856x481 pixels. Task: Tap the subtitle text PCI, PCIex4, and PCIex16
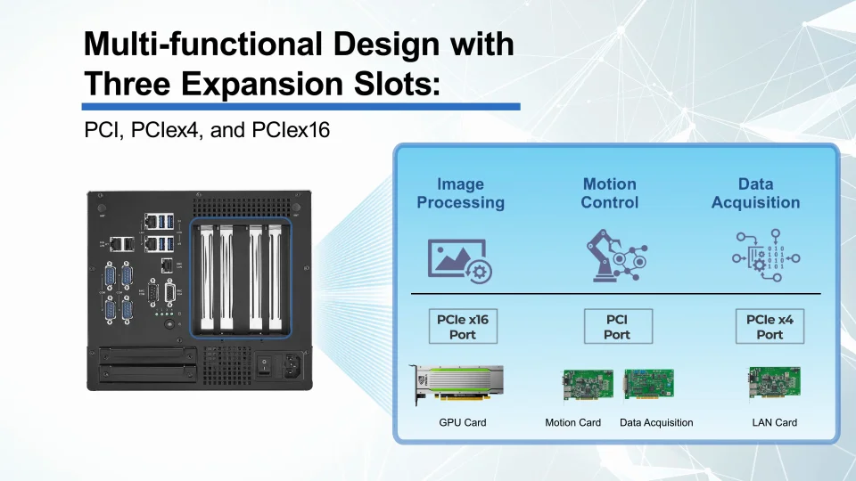(x=207, y=130)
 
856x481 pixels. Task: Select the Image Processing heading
(x=460, y=193)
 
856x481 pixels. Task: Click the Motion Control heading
(x=609, y=193)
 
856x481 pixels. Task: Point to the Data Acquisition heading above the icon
(x=755, y=193)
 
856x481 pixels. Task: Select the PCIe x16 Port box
(x=462, y=326)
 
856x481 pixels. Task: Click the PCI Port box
(x=617, y=326)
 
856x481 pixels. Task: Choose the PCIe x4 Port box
(x=770, y=326)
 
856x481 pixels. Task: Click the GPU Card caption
(x=462, y=422)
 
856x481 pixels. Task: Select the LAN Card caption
(x=774, y=422)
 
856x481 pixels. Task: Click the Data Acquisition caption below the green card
(x=656, y=422)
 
